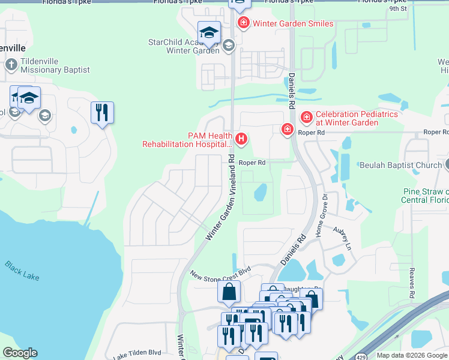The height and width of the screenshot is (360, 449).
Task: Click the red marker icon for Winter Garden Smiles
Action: [243, 23]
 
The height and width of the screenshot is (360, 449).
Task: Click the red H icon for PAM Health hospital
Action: [241, 140]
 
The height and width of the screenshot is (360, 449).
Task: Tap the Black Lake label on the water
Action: [22, 268]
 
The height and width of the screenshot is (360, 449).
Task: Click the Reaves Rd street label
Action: [412, 283]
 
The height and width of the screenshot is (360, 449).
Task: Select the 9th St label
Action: [397, 9]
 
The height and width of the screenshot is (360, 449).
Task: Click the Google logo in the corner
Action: [20, 353]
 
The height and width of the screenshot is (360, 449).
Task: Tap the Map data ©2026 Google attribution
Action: [411, 355]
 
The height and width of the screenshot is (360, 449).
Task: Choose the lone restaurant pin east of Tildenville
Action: [102, 113]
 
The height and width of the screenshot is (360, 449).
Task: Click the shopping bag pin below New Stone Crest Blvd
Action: [229, 292]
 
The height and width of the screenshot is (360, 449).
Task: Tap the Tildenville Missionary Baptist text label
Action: [55, 65]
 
